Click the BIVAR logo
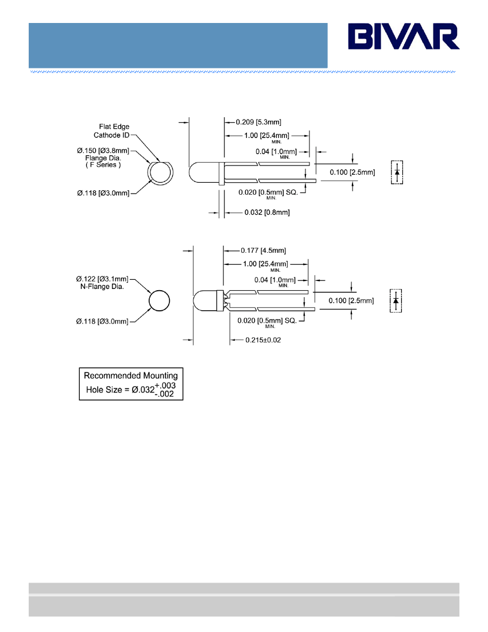[404, 36]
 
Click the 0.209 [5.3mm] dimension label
[258, 122]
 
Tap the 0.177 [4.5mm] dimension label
[264, 251]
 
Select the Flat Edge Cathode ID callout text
[111, 131]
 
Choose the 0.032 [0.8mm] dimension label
[267, 213]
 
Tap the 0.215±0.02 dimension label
[264, 340]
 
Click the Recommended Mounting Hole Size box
[131, 384]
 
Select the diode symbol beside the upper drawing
[397, 172]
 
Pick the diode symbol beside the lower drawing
[396, 300]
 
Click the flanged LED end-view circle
[160, 173]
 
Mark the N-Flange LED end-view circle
[159, 300]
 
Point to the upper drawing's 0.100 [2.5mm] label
[353, 172]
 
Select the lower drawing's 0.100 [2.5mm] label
[351, 300]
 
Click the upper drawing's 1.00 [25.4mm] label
[266, 136]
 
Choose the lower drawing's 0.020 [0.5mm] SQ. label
[267, 321]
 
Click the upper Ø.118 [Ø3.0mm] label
[103, 194]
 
